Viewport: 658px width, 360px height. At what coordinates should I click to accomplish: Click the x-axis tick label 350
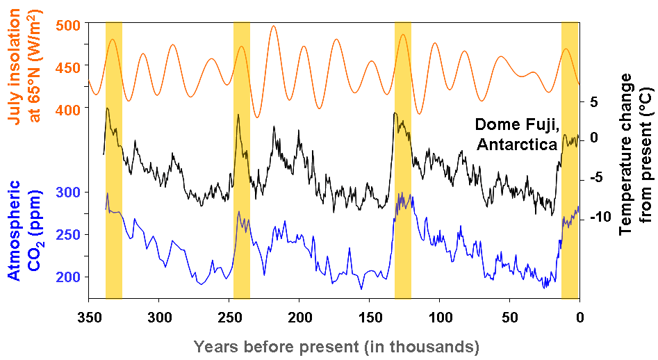(89, 316)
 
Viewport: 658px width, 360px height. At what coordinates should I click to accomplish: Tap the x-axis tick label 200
(299, 316)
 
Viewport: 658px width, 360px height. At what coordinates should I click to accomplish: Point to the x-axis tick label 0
(579, 316)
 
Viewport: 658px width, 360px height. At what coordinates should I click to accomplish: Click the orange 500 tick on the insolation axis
(67, 24)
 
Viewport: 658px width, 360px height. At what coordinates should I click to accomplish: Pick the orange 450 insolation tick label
(67, 66)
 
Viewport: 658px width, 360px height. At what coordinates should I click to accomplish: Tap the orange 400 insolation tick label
(67, 108)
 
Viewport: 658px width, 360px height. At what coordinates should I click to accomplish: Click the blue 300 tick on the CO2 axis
(67, 192)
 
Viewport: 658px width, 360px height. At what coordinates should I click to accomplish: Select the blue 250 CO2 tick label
(67, 234)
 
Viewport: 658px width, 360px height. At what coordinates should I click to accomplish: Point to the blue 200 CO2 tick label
(67, 277)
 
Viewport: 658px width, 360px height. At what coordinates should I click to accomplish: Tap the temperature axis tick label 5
(594, 101)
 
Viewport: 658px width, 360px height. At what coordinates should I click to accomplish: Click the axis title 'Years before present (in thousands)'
(337, 345)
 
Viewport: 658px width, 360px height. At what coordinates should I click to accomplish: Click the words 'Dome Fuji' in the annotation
(516, 124)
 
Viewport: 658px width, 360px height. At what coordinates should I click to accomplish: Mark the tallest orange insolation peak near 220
(274, 26)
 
